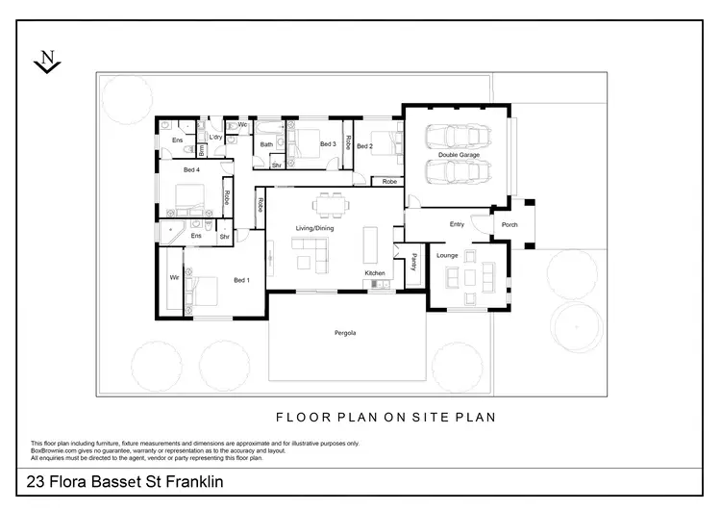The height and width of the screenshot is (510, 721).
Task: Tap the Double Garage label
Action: click(x=459, y=154)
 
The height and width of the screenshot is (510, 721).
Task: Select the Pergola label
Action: click(x=346, y=333)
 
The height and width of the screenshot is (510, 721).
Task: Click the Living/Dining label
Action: click(x=314, y=227)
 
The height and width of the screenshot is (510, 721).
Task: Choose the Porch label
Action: click(x=509, y=225)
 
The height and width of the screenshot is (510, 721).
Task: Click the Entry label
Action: click(x=457, y=225)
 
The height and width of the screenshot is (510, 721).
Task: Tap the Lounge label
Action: click(x=447, y=256)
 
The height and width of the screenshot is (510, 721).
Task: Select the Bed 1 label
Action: click(x=241, y=280)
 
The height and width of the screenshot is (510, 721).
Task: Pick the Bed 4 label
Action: click(x=190, y=170)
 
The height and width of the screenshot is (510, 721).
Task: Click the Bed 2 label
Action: click(x=364, y=146)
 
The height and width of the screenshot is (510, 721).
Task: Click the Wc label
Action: click(x=242, y=124)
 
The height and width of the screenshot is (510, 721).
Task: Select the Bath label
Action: click(x=266, y=144)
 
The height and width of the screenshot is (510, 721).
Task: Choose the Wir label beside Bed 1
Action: click(x=174, y=277)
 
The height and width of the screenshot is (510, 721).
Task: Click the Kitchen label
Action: click(x=374, y=274)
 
